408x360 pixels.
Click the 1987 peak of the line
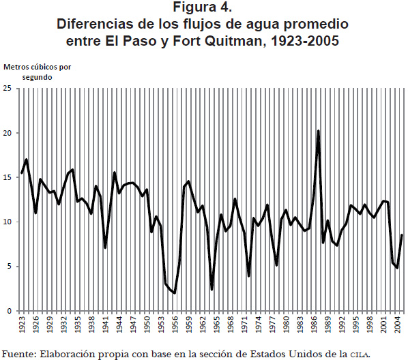click(x=318, y=131)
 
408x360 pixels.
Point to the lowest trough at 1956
click(x=175, y=293)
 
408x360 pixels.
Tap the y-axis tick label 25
click(x=8, y=89)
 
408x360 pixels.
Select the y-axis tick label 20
click(x=8, y=133)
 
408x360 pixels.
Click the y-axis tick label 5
click(x=10, y=267)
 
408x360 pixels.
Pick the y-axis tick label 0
click(x=10, y=311)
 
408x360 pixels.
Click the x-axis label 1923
click(x=22, y=324)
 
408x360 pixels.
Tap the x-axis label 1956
click(x=175, y=324)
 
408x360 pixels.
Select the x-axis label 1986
click(x=314, y=324)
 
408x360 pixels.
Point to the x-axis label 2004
click(x=397, y=324)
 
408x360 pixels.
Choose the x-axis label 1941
click(x=105, y=324)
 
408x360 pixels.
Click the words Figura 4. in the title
click(x=203, y=7)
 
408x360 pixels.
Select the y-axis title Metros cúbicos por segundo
click(x=38, y=72)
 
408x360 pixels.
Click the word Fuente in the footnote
click(x=18, y=354)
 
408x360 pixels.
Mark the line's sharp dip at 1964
click(x=212, y=288)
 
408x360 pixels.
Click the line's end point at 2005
click(x=403, y=235)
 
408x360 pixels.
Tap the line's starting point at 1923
click(x=22, y=173)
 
